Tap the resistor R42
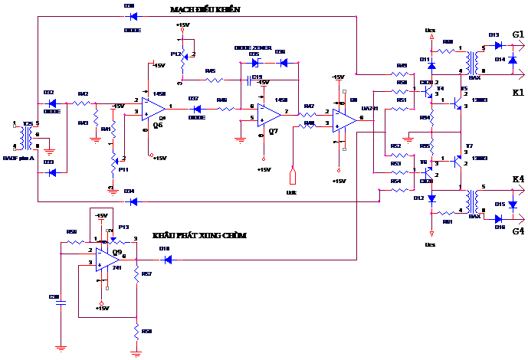pyautogui.click(x=83, y=103)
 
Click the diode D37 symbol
pyautogui.click(x=194, y=109)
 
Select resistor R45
pyautogui.click(x=211, y=79)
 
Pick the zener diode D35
pyautogui.click(x=256, y=63)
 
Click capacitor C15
pyautogui.click(x=249, y=79)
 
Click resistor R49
pyautogui.click(x=400, y=74)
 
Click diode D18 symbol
pyautogui.click(x=166, y=259)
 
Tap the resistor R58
pyautogui.click(x=136, y=332)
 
